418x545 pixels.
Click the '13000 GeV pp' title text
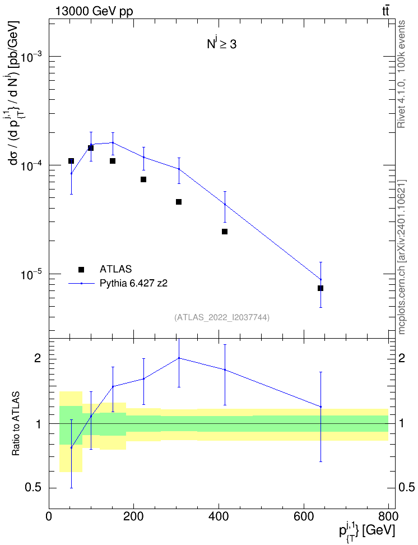(x=94, y=11)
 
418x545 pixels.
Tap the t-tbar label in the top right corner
(x=386, y=11)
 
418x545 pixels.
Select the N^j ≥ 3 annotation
(x=222, y=43)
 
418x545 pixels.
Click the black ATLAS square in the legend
(x=81, y=269)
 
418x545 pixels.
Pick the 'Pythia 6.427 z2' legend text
(x=133, y=284)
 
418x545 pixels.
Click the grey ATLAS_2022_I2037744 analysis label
(x=222, y=317)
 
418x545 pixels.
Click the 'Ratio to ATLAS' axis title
(x=16, y=424)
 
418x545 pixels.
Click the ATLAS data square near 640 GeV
(x=321, y=288)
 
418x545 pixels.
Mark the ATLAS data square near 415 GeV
(x=225, y=232)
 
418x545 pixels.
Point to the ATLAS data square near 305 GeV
(x=179, y=202)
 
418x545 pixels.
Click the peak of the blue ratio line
(x=179, y=358)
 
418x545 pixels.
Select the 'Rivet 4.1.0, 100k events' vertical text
(x=401, y=74)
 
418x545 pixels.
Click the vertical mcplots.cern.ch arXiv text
(x=401, y=257)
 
